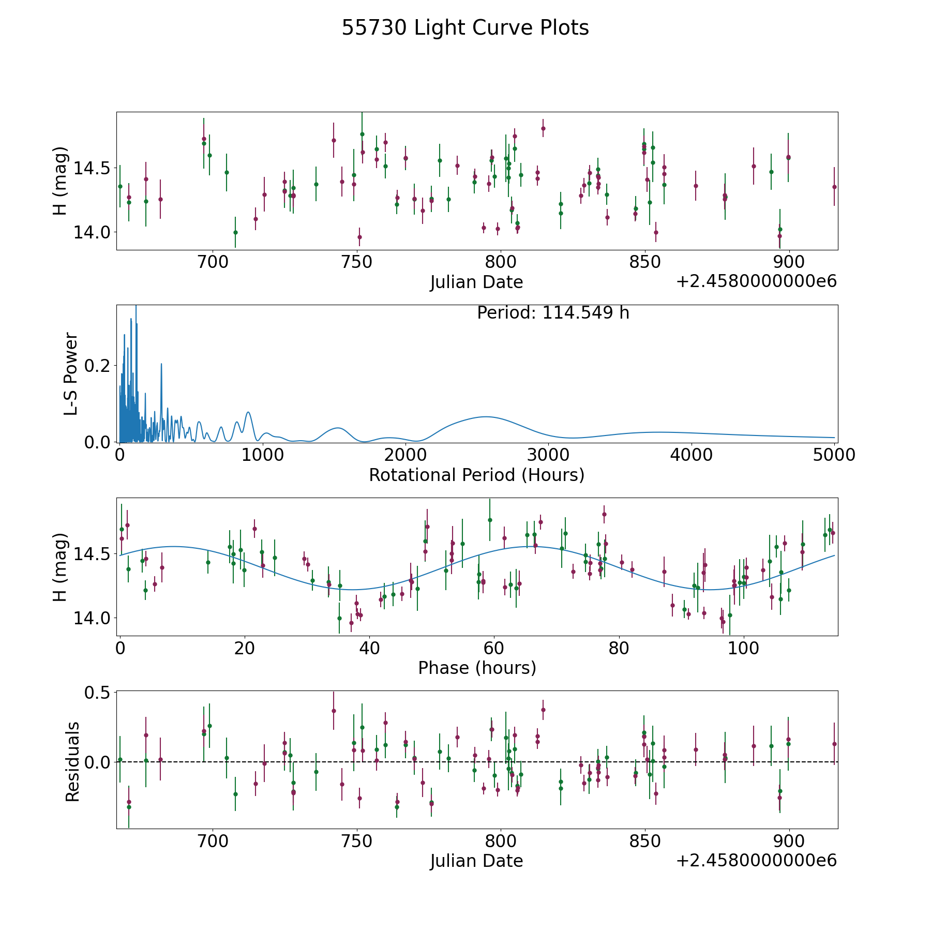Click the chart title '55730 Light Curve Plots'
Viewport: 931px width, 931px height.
coord(465,28)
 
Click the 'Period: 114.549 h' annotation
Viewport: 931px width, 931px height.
coord(553,313)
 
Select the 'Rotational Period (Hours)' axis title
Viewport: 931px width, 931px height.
coord(476,475)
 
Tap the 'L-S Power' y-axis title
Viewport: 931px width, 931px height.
coord(71,373)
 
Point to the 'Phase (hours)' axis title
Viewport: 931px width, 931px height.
coord(477,668)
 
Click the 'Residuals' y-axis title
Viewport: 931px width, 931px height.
coord(72,762)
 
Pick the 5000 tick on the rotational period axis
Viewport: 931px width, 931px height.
coord(834,455)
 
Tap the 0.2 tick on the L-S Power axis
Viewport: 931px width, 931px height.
coord(98,366)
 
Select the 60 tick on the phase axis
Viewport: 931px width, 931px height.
coord(494,648)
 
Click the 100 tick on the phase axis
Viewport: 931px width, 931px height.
coord(743,648)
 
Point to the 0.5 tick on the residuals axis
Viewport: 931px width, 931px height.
coord(98,692)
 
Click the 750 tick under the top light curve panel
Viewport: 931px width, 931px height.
coord(357,262)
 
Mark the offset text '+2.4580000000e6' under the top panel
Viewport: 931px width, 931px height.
coord(757,281)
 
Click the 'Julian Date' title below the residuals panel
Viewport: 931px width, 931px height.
coord(476,861)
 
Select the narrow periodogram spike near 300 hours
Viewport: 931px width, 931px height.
coord(161,364)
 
